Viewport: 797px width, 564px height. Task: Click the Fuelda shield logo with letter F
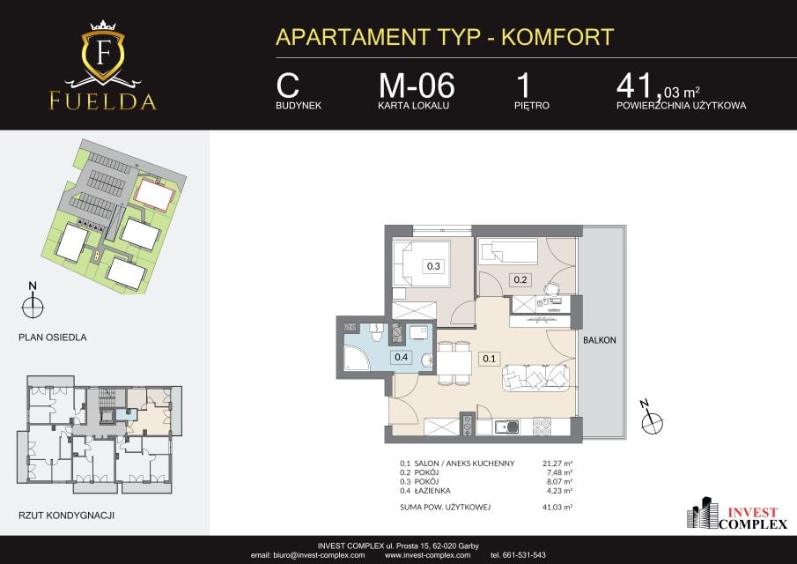point(103,52)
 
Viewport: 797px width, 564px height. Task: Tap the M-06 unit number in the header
point(417,85)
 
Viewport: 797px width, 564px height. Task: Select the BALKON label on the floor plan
point(599,340)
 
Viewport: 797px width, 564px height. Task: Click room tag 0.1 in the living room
point(489,359)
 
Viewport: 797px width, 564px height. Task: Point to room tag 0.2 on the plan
point(520,279)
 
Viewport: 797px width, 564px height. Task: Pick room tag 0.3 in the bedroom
point(433,266)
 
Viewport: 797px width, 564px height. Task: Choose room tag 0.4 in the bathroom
point(401,357)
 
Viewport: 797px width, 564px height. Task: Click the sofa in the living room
point(536,377)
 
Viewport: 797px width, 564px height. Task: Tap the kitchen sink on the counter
point(506,427)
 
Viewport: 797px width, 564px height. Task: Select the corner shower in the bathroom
point(355,358)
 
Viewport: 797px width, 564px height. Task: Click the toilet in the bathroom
point(377,332)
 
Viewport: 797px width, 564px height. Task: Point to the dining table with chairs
point(454,362)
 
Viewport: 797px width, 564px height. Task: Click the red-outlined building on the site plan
point(154,194)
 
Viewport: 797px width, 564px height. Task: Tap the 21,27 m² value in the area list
point(557,464)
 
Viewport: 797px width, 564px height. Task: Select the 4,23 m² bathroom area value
point(559,491)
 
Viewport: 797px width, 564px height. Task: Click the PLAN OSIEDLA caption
point(52,338)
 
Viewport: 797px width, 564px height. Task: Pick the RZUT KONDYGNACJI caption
point(66,516)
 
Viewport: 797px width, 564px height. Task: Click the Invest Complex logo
point(737,514)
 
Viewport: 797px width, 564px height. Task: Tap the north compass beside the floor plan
point(652,419)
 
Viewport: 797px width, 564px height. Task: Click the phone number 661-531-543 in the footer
point(525,555)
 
